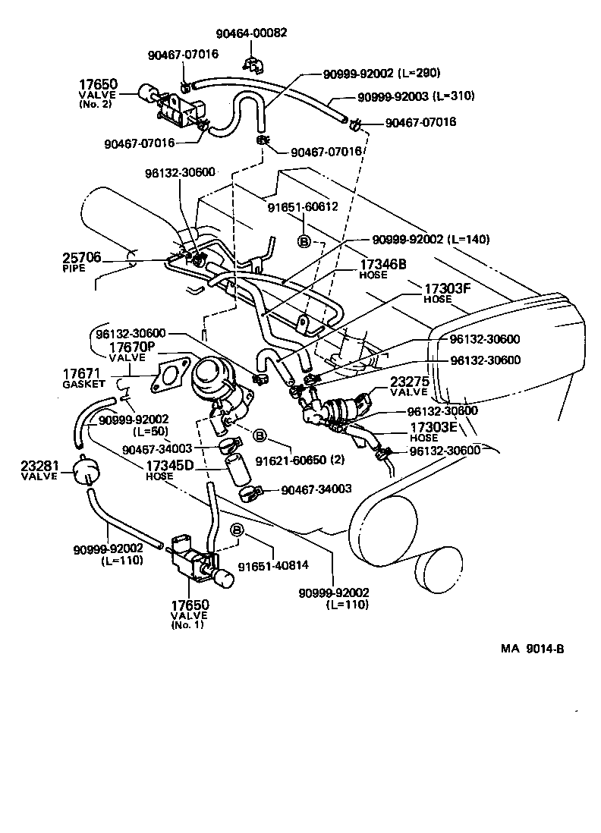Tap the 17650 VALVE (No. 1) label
(188, 614)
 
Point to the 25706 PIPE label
(81, 262)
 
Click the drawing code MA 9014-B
(532, 649)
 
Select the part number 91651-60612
(302, 206)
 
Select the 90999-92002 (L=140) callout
(430, 239)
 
